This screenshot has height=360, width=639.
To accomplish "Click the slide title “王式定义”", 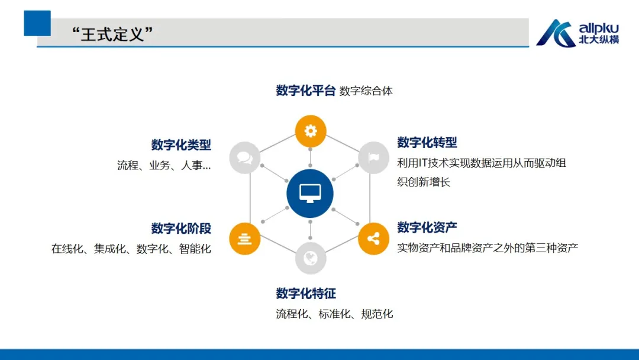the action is [x=112, y=34].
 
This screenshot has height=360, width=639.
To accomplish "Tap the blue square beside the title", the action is [x=37, y=23].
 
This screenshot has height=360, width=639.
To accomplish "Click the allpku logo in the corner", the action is [x=577, y=33].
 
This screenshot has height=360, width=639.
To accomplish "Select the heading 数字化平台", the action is [x=306, y=91].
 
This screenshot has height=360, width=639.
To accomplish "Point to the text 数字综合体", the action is [x=366, y=91].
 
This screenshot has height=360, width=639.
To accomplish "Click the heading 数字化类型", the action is [x=181, y=144].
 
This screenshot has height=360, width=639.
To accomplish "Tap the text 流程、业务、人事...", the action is [x=164, y=165].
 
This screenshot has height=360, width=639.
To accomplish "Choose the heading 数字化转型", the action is [x=427, y=142].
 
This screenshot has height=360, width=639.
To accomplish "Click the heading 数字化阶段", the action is [x=181, y=229].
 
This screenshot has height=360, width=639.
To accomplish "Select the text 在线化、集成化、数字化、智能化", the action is [x=131, y=249].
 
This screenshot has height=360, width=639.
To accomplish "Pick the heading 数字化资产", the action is [x=427, y=227].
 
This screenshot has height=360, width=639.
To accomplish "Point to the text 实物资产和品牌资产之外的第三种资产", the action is [x=488, y=247].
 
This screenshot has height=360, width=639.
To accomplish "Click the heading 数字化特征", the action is [x=306, y=293].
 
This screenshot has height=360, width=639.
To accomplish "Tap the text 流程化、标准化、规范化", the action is [x=334, y=314].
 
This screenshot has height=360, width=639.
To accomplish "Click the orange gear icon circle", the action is [x=311, y=131].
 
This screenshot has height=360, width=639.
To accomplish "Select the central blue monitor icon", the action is [x=309, y=193].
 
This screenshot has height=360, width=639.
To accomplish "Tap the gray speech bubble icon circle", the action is [x=244, y=157].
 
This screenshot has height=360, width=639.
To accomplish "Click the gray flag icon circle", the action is [x=374, y=157].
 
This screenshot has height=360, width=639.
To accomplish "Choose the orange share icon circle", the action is [x=374, y=239].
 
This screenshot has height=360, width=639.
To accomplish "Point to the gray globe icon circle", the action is [x=311, y=258].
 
